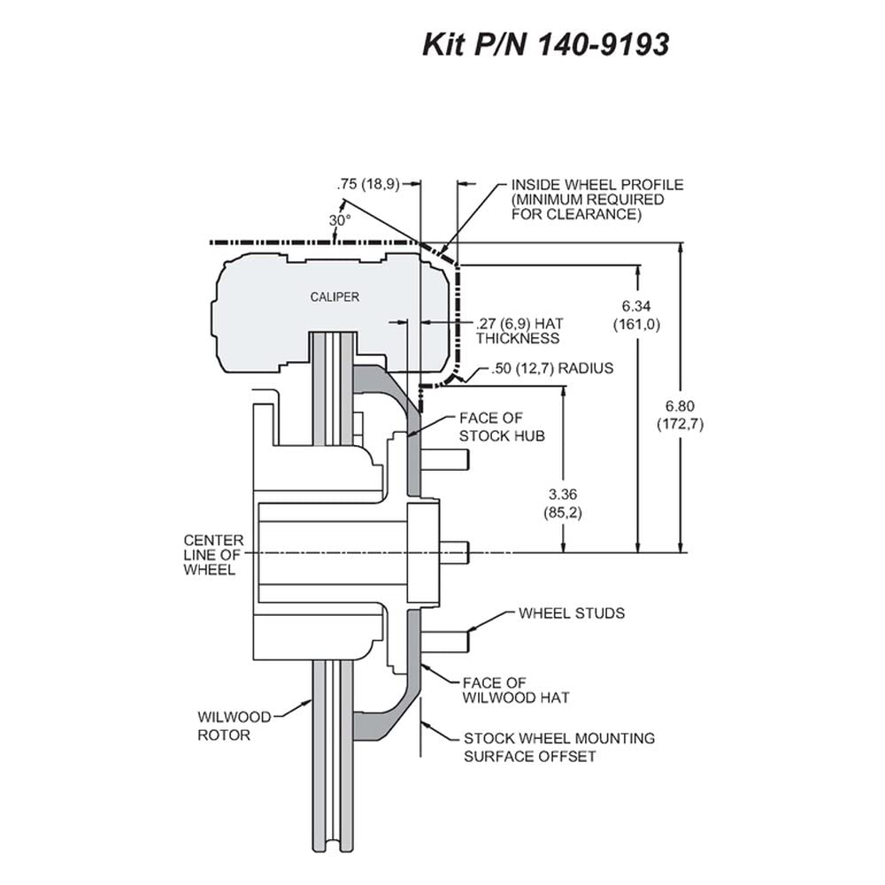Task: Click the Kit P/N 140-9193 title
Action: tap(546, 45)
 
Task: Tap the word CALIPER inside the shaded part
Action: tap(335, 296)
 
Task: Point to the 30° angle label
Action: tap(340, 220)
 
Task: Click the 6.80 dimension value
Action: tap(680, 406)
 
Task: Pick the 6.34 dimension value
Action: tap(636, 306)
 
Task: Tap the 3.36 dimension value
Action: tap(563, 495)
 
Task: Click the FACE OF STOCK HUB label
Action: tap(502, 427)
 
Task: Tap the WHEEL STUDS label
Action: tap(572, 613)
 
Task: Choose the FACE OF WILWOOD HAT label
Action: tap(516, 690)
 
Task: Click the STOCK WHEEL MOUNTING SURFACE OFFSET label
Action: tap(559, 747)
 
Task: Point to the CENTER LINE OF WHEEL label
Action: tap(213, 555)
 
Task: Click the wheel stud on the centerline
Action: tap(454, 552)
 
